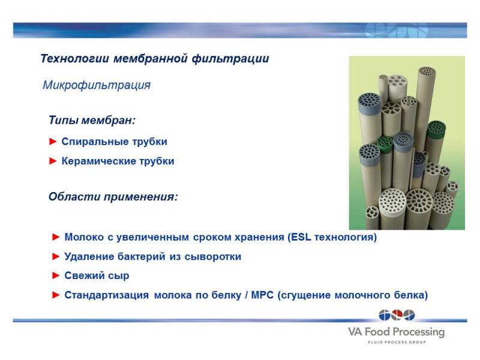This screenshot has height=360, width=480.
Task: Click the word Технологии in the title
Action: click(74, 58)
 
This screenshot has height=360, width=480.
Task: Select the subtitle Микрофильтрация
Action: click(97, 85)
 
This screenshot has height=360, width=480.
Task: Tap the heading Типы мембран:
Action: click(92, 120)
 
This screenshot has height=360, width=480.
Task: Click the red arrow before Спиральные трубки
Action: click(53, 142)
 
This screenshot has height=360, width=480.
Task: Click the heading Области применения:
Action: click(113, 197)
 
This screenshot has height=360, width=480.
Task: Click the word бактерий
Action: click(142, 257)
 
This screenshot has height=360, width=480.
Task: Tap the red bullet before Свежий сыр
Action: click(56, 275)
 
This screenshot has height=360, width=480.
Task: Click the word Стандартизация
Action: click(107, 295)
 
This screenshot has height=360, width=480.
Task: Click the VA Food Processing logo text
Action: click(396, 332)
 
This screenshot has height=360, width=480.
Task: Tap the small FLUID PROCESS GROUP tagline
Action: click(397, 342)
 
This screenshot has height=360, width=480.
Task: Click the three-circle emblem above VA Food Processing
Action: click(397, 315)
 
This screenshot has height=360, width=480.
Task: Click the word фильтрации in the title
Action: click(230, 58)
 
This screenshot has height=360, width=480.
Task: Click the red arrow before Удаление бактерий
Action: click(56, 257)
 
